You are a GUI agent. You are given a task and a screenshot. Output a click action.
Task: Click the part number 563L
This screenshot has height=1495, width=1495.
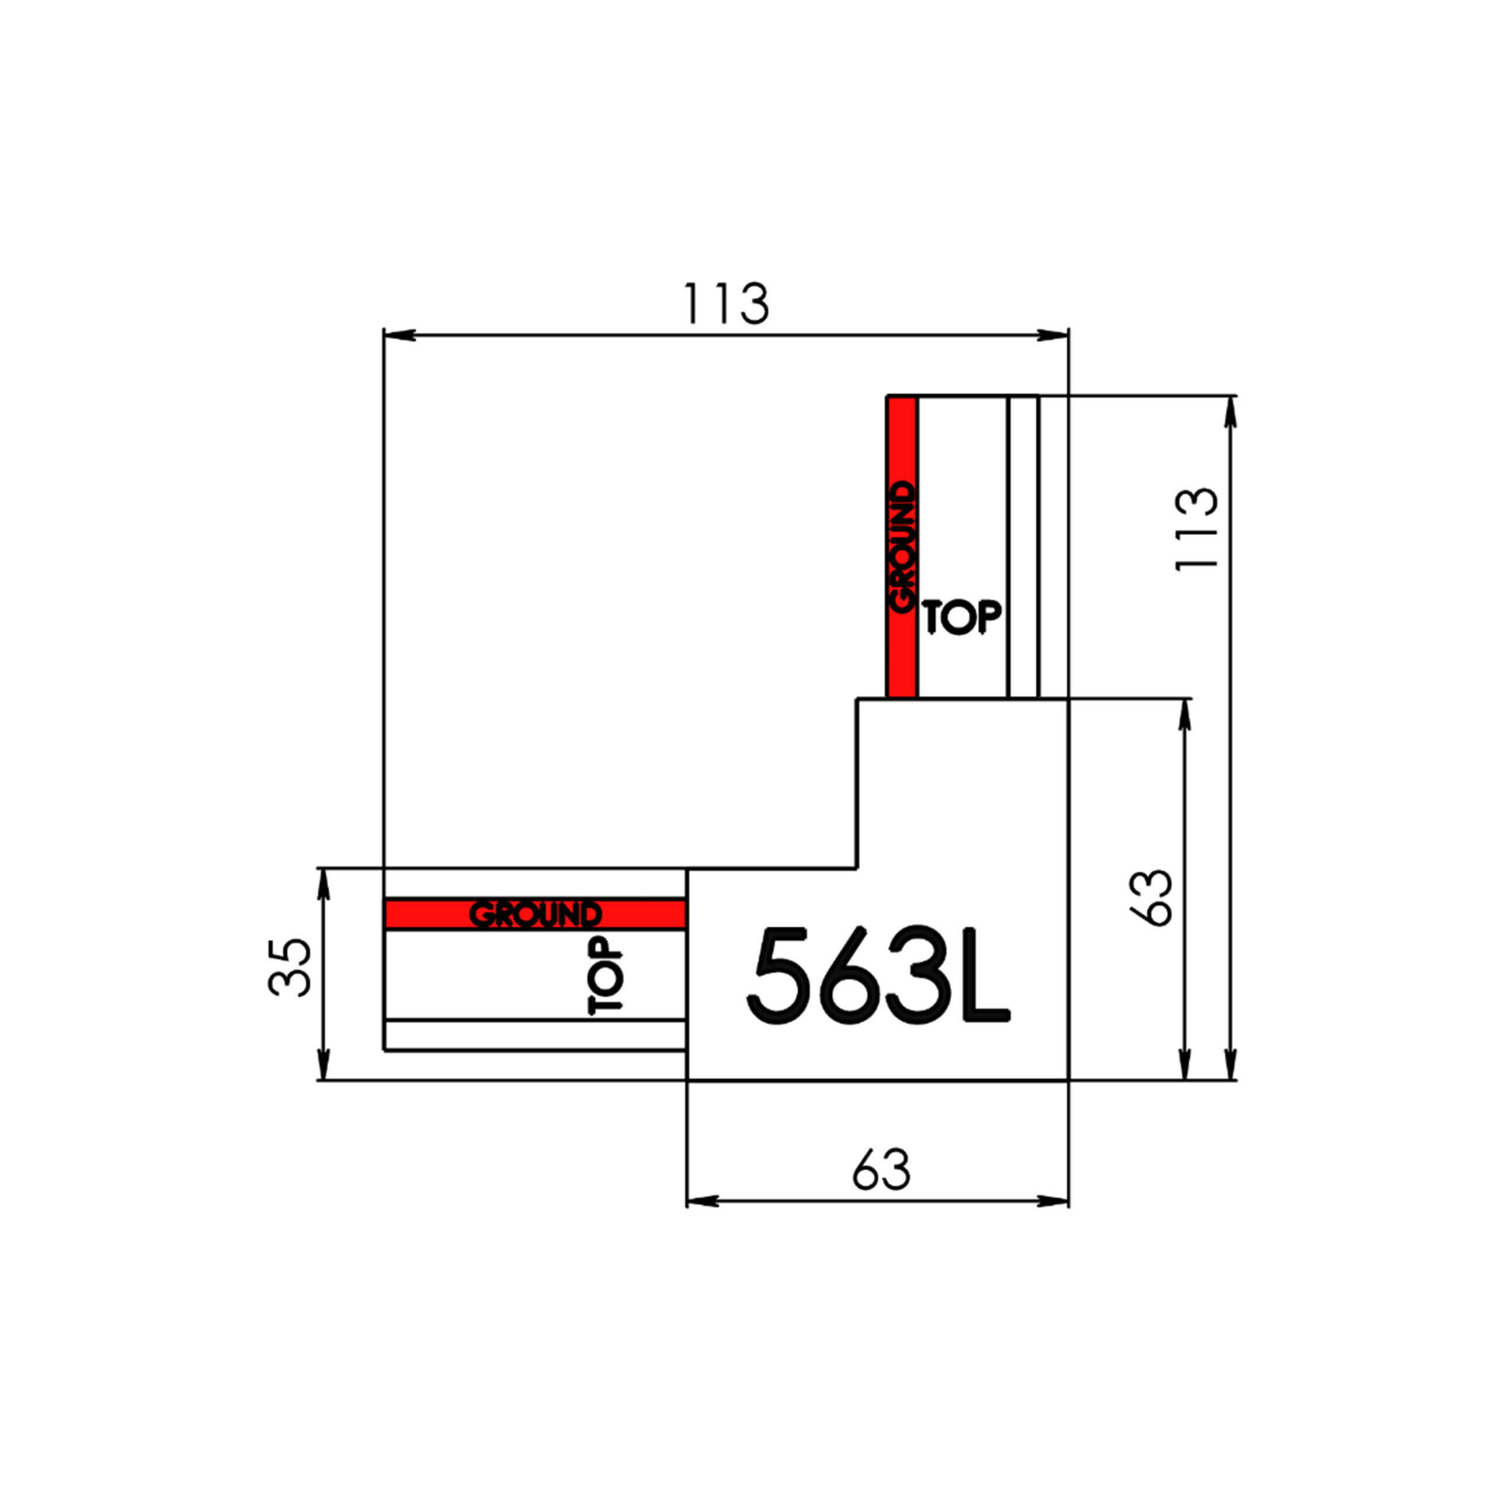(878, 976)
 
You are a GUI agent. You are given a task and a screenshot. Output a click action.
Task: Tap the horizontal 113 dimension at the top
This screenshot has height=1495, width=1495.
(725, 304)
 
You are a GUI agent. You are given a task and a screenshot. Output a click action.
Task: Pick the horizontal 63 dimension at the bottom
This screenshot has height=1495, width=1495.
(881, 1171)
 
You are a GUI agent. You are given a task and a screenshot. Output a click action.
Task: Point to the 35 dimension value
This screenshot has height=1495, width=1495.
(290, 967)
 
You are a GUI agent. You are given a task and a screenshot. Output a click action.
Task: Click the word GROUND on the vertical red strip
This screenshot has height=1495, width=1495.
(902, 548)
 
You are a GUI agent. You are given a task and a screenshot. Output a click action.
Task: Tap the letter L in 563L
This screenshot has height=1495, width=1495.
(986, 976)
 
